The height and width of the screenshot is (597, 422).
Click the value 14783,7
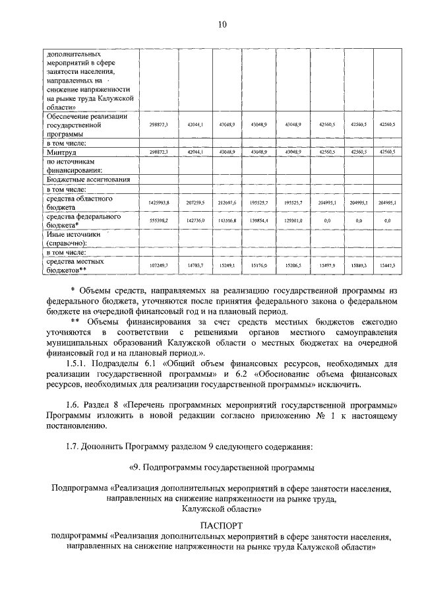tap(196, 265)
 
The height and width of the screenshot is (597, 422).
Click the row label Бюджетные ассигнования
tap(88, 179)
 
